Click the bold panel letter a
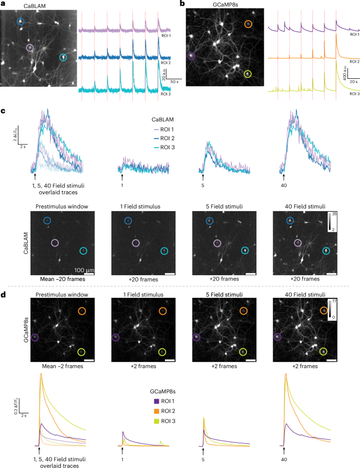4,4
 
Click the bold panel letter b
182,4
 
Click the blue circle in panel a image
20,22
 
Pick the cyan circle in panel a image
63,57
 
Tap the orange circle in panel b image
249,24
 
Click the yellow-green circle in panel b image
248,75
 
